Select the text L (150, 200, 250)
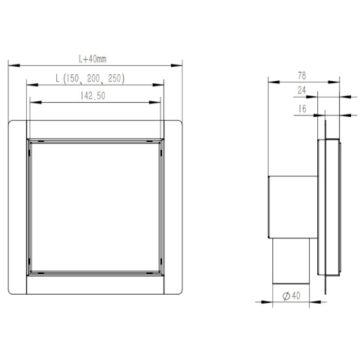point(94,78)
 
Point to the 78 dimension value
point(301,75)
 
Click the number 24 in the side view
point(301,91)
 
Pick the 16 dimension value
point(301,109)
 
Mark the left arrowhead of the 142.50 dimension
point(30,102)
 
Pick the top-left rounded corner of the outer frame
point(12,122)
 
